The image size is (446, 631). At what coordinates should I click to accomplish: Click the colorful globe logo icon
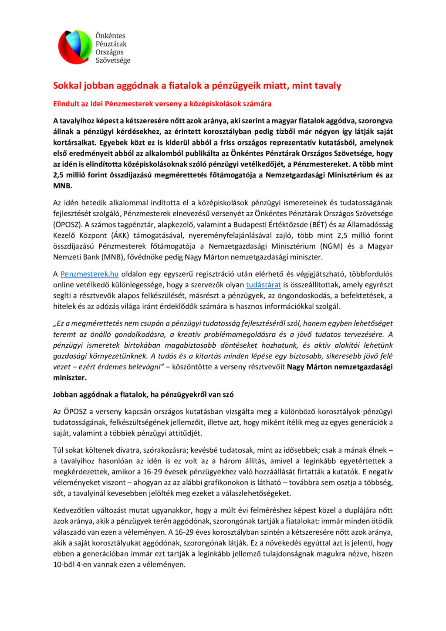pyautogui.click(x=75, y=47)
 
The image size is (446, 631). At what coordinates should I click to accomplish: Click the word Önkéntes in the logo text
pyautogui.click(x=110, y=36)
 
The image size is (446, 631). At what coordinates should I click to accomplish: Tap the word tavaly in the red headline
pyautogui.click(x=327, y=85)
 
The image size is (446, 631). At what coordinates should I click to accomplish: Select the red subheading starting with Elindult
pyautogui.click(x=162, y=104)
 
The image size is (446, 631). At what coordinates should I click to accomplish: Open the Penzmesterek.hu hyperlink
pyautogui.click(x=89, y=274)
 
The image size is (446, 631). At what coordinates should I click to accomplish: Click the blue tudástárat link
pyautogui.click(x=263, y=285)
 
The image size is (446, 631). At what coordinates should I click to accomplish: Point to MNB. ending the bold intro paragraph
pyautogui.click(x=63, y=186)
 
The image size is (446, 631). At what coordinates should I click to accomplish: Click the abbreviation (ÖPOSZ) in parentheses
pyautogui.click(x=68, y=225)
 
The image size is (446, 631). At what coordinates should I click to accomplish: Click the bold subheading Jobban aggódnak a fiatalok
pyautogui.click(x=143, y=395)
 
